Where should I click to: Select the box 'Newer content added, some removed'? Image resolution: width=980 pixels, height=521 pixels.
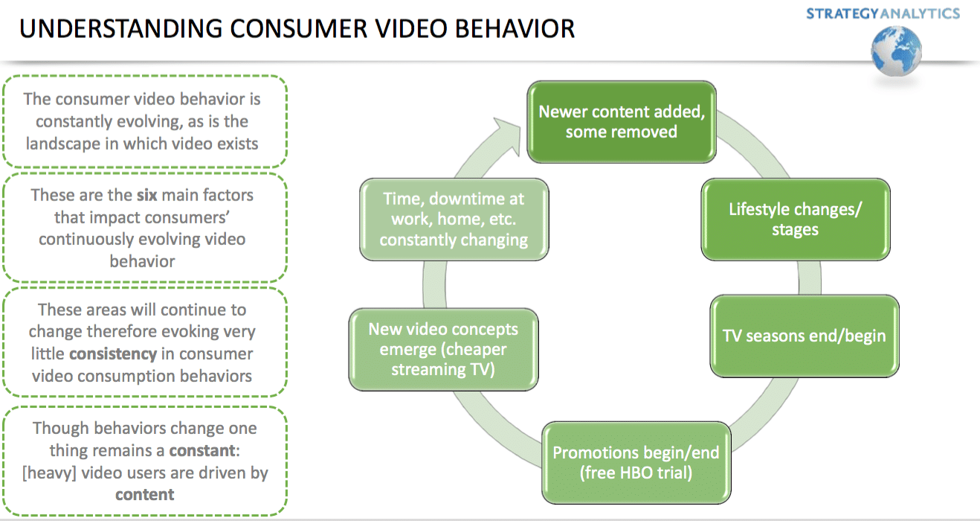tap(621, 121)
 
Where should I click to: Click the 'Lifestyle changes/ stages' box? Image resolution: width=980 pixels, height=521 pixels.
tap(795, 219)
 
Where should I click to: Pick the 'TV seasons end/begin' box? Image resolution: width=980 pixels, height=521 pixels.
tap(805, 336)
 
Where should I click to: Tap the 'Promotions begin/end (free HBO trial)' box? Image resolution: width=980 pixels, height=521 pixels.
tap(636, 463)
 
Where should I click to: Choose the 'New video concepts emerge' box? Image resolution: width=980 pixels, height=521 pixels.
tap(443, 349)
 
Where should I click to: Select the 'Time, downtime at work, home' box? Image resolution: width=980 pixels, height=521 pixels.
tap(454, 220)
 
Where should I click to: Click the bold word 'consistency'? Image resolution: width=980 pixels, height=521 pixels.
tap(113, 354)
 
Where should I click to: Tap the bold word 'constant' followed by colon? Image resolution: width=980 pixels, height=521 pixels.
tap(199, 450)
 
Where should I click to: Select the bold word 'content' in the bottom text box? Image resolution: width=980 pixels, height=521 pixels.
tap(144, 495)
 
